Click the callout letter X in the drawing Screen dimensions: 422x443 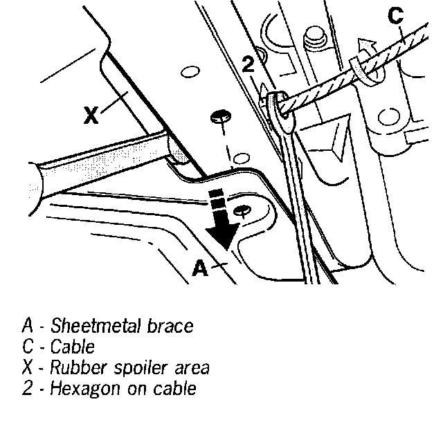point(91,116)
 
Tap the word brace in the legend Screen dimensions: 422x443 point(170,325)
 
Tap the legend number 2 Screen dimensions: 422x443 point(28,387)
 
